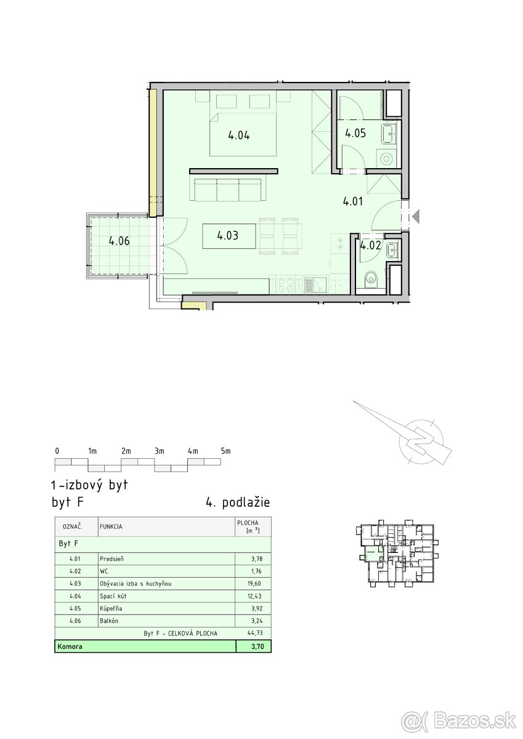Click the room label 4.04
[x=239, y=135]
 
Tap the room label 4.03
[x=228, y=235]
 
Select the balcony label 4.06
[x=120, y=241]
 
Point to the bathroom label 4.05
[x=355, y=133]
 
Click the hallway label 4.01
[x=353, y=201]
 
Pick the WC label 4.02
[x=371, y=246]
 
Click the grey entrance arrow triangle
[x=416, y=216]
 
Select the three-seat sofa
[x=228, y=190]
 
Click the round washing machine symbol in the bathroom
[x=386, y=159]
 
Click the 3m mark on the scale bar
[x=160, y=451]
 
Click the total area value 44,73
[x=254, y=633]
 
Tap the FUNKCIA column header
[x=111, y=527]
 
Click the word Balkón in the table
[x=109, y=621]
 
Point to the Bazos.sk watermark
[x=458, y=719]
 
